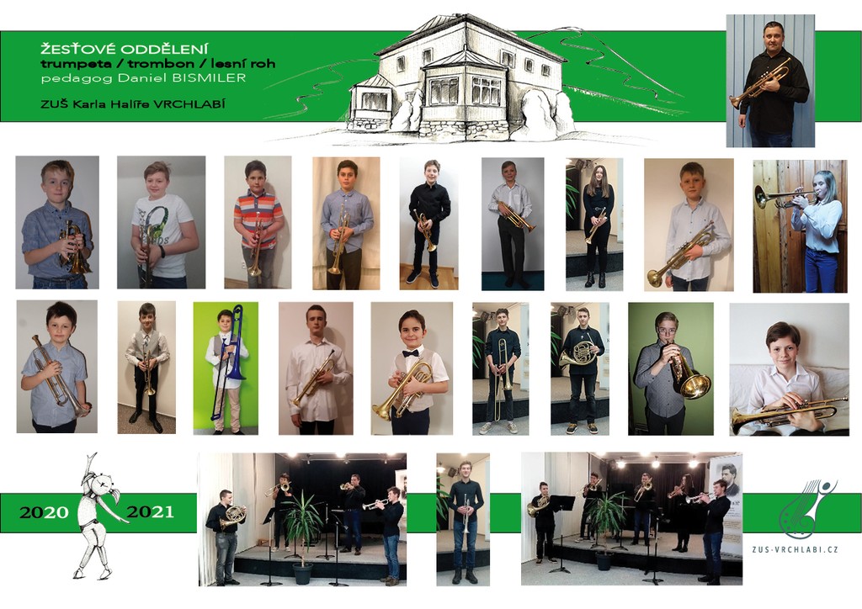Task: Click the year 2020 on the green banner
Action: point(44,512)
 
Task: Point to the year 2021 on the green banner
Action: point(150,511)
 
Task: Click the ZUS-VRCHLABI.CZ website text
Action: point(795,548)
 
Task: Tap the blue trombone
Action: point(231,357)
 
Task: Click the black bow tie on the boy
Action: point(410,353)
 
